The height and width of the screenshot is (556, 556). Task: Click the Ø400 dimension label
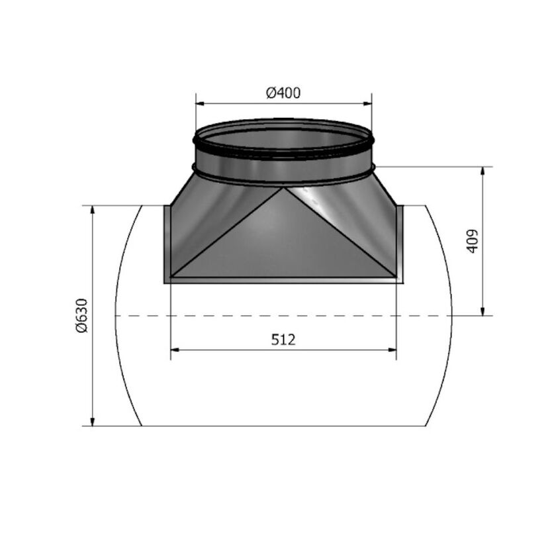[x=283, y=93]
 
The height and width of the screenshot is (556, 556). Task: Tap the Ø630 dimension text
[x=81, y=315]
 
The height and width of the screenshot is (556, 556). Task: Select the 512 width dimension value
[x=283, y=340]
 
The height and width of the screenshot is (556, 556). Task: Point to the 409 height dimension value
[x=472, y=241]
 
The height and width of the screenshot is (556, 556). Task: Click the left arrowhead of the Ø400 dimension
[x=201, y=103]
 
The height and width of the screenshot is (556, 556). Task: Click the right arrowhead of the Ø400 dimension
[x=367, y=103]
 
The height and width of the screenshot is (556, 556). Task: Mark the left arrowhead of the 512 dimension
[x=175, y=350]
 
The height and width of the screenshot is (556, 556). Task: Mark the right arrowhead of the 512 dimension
[x=392, y=350]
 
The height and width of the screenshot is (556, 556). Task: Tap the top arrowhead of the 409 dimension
[x=483, y=171]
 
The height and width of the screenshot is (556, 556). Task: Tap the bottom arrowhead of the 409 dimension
[x=483, y=311]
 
